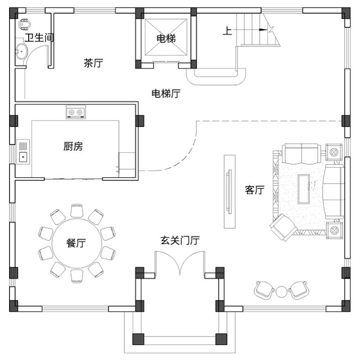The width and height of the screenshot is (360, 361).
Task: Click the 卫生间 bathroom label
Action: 39,37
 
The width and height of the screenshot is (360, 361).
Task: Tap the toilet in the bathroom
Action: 24,25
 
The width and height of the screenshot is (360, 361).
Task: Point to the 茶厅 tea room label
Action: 93,63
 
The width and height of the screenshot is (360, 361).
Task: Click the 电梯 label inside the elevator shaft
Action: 166,38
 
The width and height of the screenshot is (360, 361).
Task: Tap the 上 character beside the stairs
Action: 227,31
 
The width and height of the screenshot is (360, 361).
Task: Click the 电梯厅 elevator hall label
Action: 166,94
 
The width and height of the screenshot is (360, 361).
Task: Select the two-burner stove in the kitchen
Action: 76,112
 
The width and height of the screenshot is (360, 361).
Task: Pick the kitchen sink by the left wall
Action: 23,152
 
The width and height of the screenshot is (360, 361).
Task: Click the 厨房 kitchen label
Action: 73,146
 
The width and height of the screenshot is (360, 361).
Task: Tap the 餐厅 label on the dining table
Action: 76,243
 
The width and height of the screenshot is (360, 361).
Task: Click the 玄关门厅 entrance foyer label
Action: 180,240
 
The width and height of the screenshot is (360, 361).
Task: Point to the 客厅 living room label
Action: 255,190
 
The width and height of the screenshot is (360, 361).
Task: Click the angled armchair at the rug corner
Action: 283,227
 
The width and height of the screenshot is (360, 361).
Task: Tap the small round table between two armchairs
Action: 281,292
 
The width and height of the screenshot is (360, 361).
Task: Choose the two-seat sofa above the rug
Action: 302,153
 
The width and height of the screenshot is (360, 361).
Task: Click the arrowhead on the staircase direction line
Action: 263,30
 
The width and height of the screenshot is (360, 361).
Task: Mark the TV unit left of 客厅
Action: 230,191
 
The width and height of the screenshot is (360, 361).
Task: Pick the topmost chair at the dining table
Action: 77,211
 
